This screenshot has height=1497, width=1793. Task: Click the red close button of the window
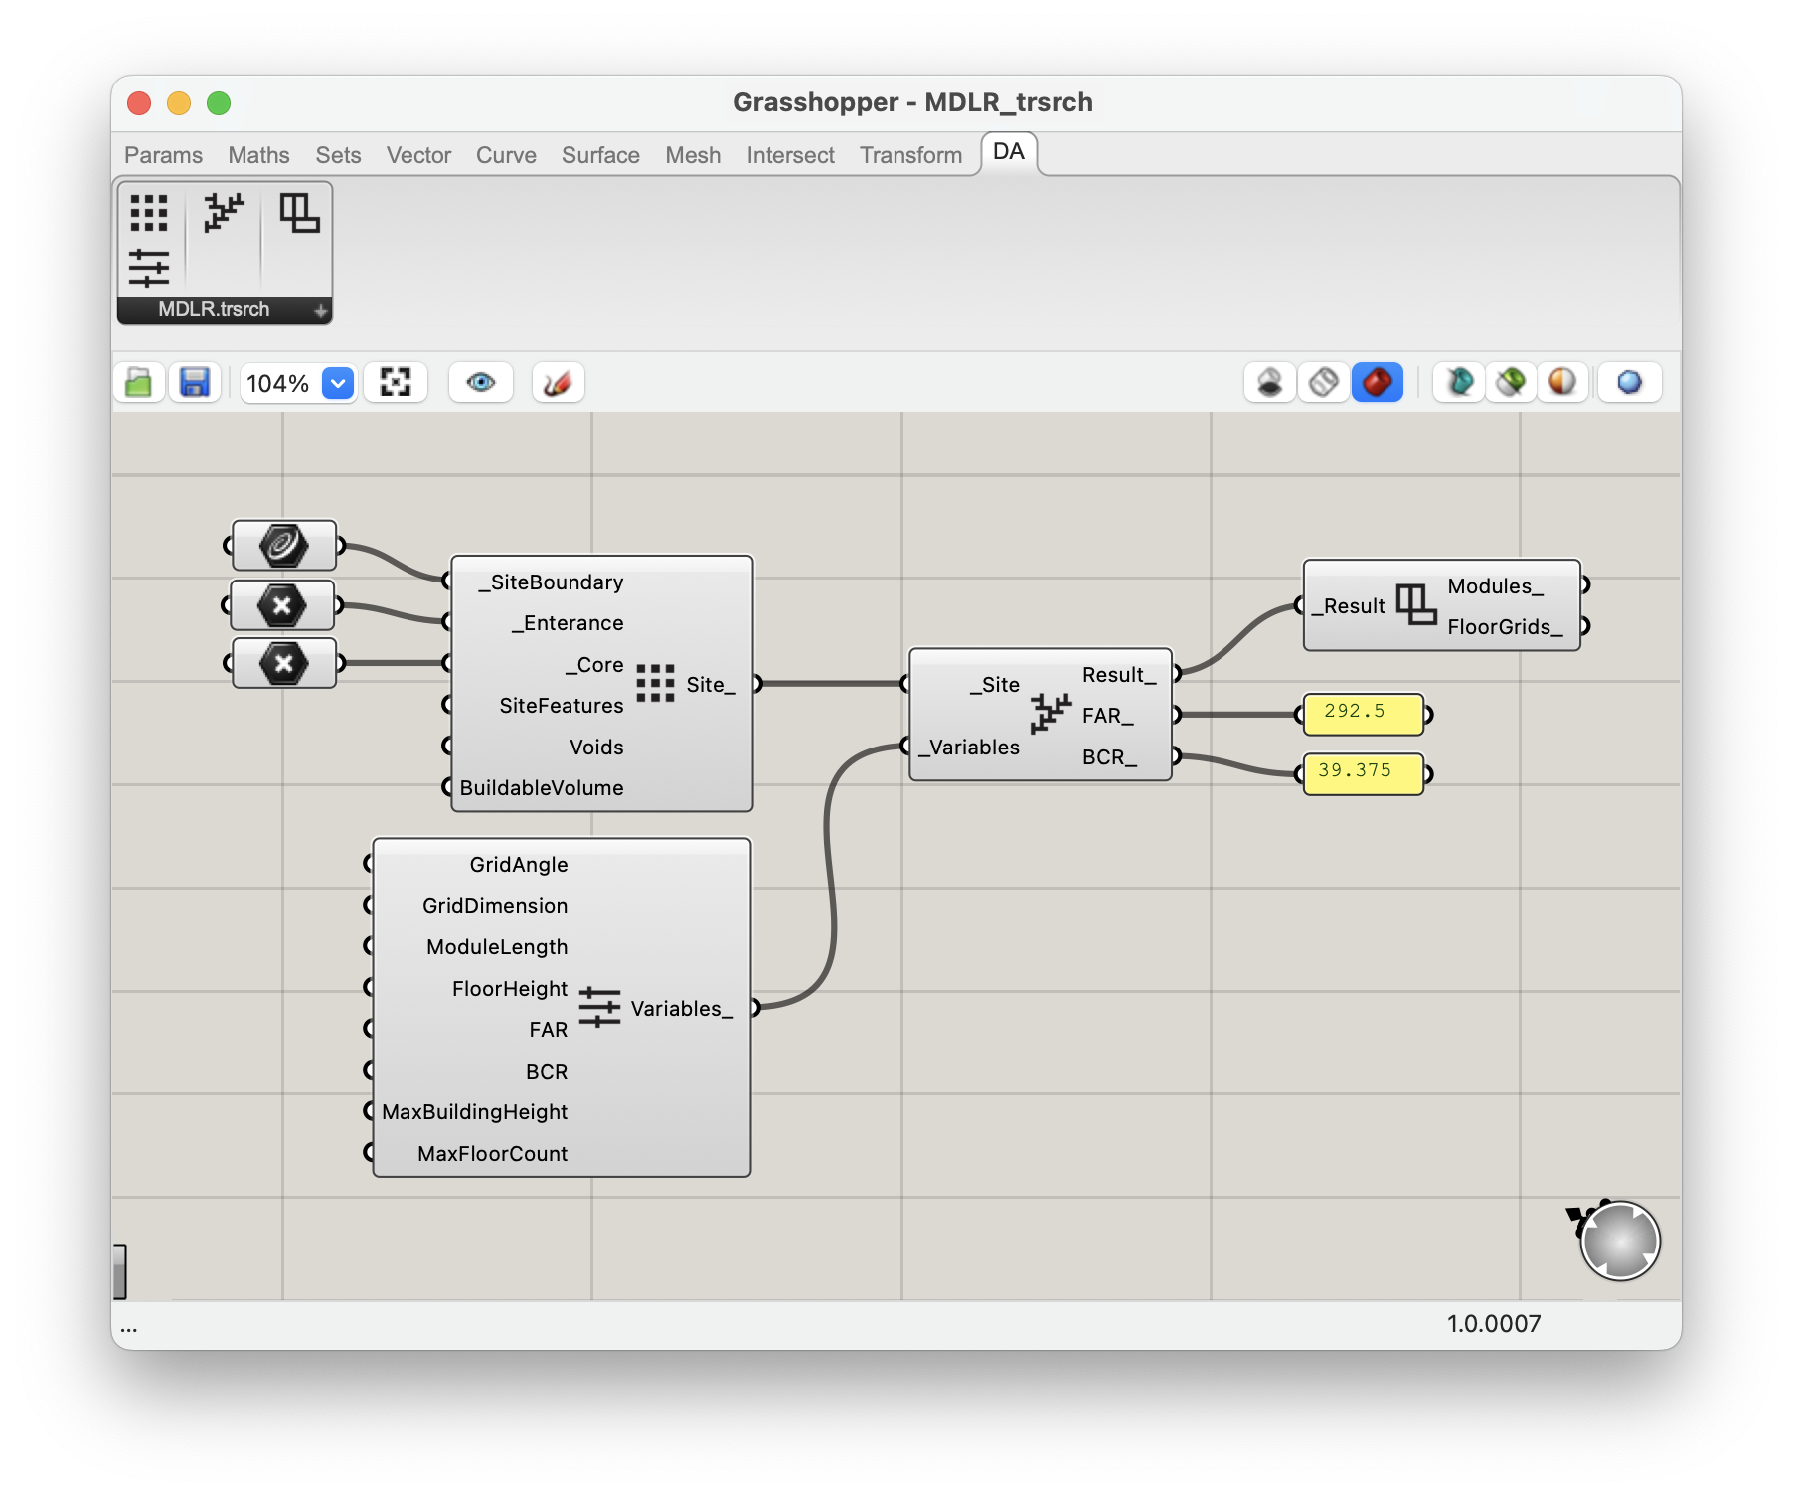(x=139, y=103)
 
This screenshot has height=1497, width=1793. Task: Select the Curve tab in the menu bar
(x=506, y=155)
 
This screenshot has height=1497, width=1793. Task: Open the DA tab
(x=1008, y=151)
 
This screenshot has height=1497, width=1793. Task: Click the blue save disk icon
(x=194, y=382)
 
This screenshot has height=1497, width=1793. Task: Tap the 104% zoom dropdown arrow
(x=338, y=383)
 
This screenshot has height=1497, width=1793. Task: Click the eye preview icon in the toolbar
(x=481, y=382)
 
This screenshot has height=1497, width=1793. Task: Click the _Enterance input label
(x=568, y=623)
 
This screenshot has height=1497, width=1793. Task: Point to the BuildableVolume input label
(x=542, y=788)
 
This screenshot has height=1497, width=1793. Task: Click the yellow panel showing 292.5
(x=1363, y=714)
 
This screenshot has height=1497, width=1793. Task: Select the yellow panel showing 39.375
(x=1363, y=773)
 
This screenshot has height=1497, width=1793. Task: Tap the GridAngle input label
(x=519, y=865)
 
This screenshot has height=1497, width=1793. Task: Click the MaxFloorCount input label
(x=493, y=1154)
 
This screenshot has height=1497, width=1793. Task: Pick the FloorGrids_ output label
(x=1505, y=627)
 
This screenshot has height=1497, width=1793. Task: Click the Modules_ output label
(x=1495, y=586)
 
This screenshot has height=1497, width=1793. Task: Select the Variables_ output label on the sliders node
(x=682, y=1009)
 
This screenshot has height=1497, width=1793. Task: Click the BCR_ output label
(x=1109, y=757)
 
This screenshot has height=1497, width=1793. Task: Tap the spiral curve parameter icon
(x=284, y=545)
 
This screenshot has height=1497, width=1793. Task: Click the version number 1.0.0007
(x=1494, y=1324)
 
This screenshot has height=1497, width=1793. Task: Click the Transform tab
(x=911, y=155)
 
